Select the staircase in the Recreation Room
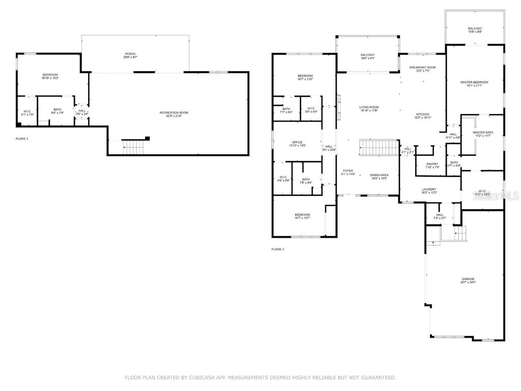[134, 147]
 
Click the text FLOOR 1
[22, 138]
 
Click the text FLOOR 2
[277, 249]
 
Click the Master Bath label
[482, 134]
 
